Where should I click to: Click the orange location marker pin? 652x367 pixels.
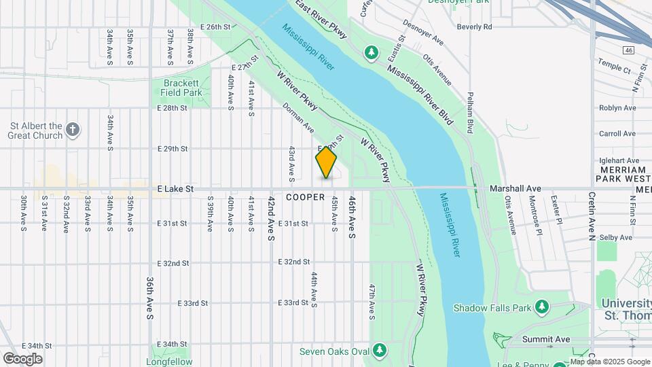click(x=326, y=162)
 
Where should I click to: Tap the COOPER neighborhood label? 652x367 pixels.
click(x=305, y=197)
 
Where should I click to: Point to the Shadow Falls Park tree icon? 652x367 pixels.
click(x=541, y=307)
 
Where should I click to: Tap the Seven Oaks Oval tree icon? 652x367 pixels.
click(x=380, y=351)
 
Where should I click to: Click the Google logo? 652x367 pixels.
click(x=23, y=358)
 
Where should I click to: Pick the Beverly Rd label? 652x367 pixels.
click(x=474, y=27)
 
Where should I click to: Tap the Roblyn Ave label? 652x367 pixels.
click(x=617, y=107)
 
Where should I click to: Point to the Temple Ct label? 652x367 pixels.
click(x=614, y=65)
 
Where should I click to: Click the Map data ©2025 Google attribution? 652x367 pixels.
click(x=609, y=362)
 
